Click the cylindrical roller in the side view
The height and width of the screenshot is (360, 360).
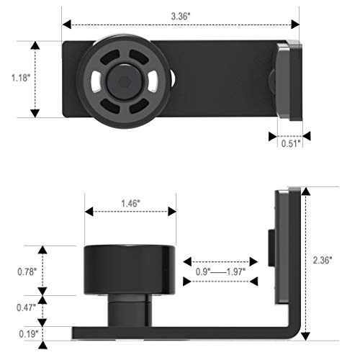point(130,269)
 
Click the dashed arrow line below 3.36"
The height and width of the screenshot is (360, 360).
point(180,24)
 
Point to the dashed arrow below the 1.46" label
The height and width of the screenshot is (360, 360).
point(130,212)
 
